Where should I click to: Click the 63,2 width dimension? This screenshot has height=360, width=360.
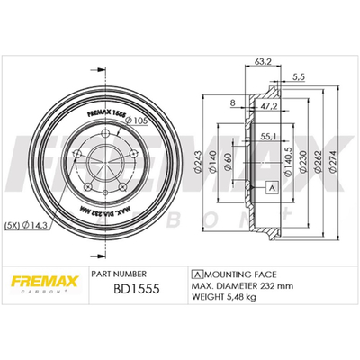tap(263, 62)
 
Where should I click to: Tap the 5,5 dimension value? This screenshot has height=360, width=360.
tap(299, 77)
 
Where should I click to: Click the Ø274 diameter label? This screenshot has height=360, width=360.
tap(333, 161)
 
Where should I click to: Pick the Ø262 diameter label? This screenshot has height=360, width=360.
tap(318, 161)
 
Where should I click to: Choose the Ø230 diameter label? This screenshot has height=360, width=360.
tap(303, 161)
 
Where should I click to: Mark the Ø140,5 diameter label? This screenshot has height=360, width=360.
tap(288, 161)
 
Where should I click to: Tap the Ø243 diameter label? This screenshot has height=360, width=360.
tap(198, 161)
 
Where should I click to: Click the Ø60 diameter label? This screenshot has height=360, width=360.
tap(229, 161)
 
